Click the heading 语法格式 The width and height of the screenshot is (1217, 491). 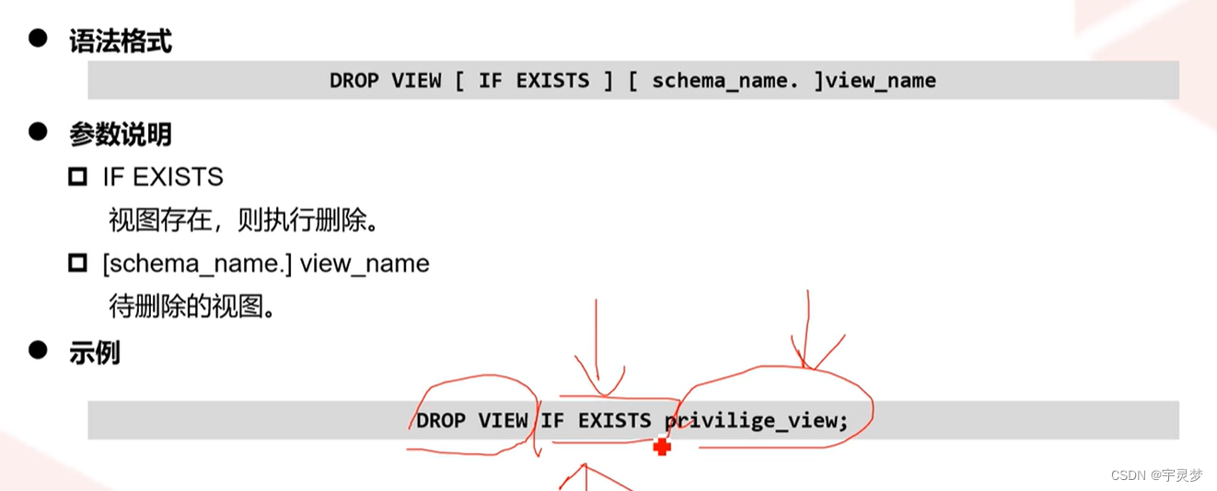click(x=120, y=41)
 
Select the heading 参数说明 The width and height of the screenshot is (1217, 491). click(x=120, y=134)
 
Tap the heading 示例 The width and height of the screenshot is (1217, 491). click(x=94, y=353)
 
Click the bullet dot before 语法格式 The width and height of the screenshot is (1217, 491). click(x=38, y=39)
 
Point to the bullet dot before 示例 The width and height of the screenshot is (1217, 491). click(x=38, y=350)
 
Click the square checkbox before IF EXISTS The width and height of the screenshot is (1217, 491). click(x=77, y=176)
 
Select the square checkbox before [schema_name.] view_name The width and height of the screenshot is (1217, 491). click(x=77, y=263)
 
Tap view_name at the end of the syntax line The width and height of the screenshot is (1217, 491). click(x=881, y=80)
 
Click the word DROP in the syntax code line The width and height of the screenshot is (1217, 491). click(x=354, y=80)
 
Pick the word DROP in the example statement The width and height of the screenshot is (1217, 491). click(x=441, y=421)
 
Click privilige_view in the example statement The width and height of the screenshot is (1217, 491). click(x=756, y=421)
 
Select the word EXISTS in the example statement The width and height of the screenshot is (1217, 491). click(x=614, y=421)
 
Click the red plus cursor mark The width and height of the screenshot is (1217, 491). click(x=662, y=447)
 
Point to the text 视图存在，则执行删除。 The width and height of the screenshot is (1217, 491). click(x=244, y=220)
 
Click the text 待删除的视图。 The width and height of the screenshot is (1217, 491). click(x=192, y=307)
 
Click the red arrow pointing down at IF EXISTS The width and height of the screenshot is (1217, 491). click(x=598, y=345)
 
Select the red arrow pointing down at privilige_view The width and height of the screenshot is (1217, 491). click(x=807, y=332)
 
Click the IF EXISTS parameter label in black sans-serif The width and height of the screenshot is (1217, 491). click(x=163, y=176)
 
